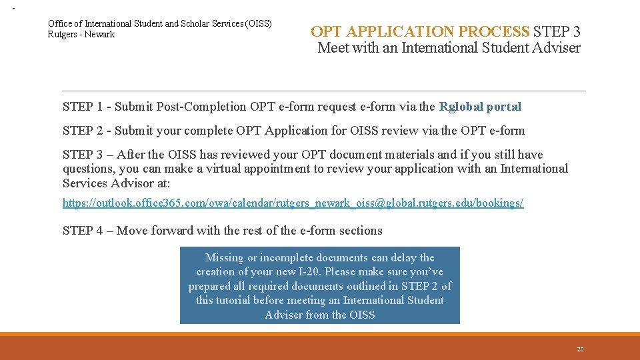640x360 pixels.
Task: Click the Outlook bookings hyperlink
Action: (293, 203)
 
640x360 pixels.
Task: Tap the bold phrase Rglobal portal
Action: (480, 107)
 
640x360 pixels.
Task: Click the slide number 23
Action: (580, 349)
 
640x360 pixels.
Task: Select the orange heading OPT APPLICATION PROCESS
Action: (420, 31)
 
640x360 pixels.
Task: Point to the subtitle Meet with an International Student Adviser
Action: (449, 48)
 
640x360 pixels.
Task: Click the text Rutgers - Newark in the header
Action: (81, 35)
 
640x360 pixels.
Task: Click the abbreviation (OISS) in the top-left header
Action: (259, 23)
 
